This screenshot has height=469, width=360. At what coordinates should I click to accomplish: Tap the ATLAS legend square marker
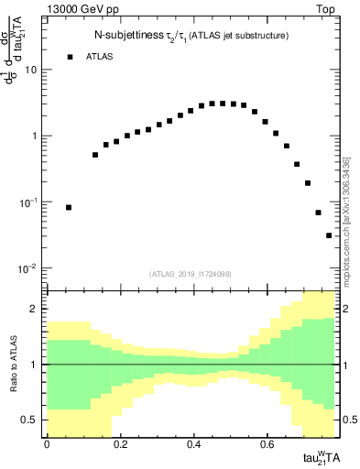click(70, 57)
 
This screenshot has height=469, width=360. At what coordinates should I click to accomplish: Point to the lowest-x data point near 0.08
click(69, 208)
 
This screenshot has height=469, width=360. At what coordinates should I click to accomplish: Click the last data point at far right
click(329, 235)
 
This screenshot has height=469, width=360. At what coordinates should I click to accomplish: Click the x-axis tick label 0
click(47, 443)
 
